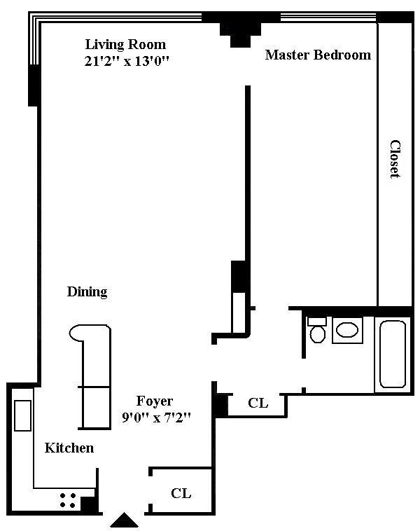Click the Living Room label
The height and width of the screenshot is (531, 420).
pyautogui.click(x=125, y=45)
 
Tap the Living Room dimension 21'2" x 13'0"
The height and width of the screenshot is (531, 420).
pyautogui.click(x=127, y=61)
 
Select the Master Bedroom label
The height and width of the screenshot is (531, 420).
pyautogui.click(x=318, y=55)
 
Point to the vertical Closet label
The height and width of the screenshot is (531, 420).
pyautogui.click(x=395, y=159)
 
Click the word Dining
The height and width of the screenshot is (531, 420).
pyautogui.click(x=87, y=292)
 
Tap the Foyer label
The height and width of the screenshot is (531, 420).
pyautogui.click(x=154, y=401)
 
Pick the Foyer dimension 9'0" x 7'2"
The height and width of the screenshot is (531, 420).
pyautogui.click(x=156, y=418)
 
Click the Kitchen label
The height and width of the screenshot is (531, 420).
pyautogui.click(x=69, y=448)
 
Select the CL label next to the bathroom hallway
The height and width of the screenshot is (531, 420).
pyautogui.click(x=258, y=403)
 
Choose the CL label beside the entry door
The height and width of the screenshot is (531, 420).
pyautogui.click(x=181, y=493)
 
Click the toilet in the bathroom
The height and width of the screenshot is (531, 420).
pyautogui.click(x=318, y=331)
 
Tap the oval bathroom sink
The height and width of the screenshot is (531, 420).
pyautogui.click(x=348, y=330)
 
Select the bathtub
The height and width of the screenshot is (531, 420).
pyautogui.click(x=393, y=354)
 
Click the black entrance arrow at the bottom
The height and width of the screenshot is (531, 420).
pyautogui.click(x=124, y=520)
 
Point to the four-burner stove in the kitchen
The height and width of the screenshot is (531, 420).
pyautogui.click(x=68, y=500)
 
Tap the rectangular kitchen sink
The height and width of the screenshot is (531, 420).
pyautogui.click(x=22, y=415)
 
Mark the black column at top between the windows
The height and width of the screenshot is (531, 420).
pyautogui.click(x=241, y=29)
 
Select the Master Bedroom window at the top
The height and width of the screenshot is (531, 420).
pyautogui.click(x=328, y=17)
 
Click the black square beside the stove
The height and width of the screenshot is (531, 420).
pyautogui.click(x=89, y=504)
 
